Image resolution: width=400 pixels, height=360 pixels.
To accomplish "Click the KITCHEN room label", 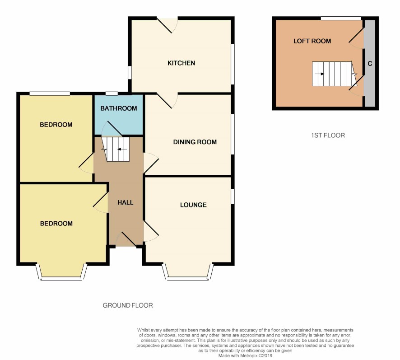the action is point(181,63).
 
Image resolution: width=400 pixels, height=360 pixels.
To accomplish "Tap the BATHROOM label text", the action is point(119,108).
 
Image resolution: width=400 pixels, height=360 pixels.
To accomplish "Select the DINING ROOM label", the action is point(195,142).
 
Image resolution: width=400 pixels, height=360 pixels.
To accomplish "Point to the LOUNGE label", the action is point(193,205).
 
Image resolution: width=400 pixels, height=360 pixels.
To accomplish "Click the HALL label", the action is point(125,202).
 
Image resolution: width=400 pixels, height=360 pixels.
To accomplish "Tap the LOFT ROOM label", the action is point(312,41).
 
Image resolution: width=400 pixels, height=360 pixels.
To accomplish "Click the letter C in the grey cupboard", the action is point(370,63).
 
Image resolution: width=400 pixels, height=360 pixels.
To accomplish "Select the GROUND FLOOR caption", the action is point(128,305).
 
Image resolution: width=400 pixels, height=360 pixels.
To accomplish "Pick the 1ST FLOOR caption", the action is point(328,136).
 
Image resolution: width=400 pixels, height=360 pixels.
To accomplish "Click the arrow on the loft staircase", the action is point(319,74).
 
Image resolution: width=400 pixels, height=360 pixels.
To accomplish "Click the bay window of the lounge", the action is point(188,272).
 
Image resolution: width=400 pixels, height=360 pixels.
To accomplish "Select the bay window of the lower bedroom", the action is point(61,272).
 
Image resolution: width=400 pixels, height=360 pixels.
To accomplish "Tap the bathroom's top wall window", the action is point(112,94).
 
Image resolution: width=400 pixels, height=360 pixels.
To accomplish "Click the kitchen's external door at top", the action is point(167,25).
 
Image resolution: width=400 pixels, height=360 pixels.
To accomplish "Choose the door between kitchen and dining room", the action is point(167,101).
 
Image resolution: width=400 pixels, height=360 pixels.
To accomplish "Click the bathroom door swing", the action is point(112,128).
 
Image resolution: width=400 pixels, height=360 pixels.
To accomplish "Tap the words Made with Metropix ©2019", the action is point(245,355).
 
